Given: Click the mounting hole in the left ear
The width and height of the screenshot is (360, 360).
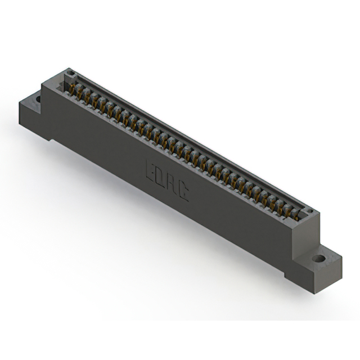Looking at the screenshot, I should (38, 99).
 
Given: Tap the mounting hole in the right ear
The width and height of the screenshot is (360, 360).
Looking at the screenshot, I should (318, 259).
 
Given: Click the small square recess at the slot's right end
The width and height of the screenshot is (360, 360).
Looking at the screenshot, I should (308, 213).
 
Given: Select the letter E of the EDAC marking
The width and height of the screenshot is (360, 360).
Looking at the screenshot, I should (151, 170).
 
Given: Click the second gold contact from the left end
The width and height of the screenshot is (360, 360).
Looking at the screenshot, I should (80, 91).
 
